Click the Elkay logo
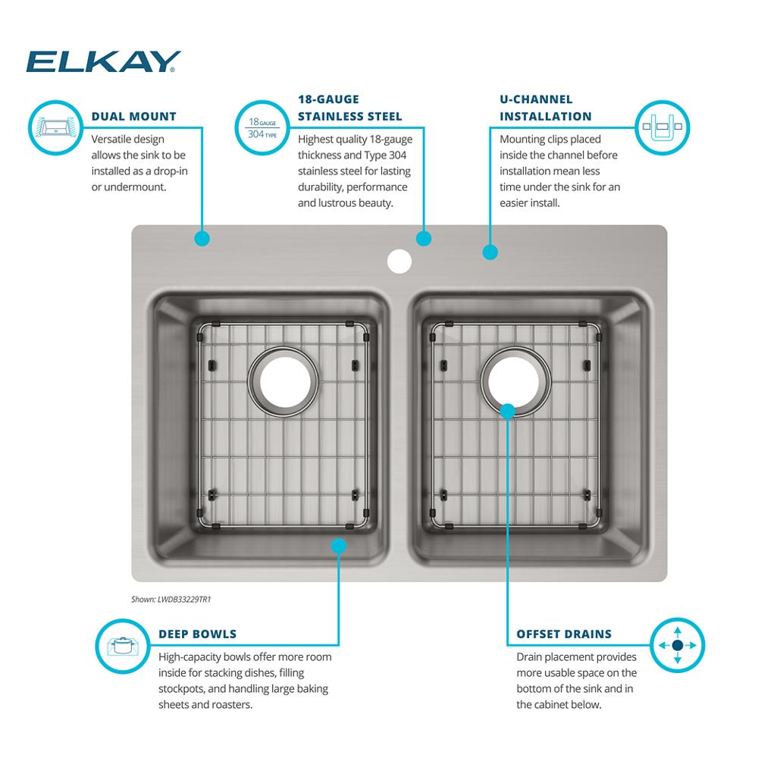(103, 61)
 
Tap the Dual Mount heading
(134, 117)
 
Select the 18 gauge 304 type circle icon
(262, 127)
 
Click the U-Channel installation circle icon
(662, 127)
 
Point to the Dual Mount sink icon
(56, 127)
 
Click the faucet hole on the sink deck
(399, 261)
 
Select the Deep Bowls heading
(197, 634)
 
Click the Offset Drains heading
(564, 634)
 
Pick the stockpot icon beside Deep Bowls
(123, 646)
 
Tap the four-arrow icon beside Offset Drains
(677, 645)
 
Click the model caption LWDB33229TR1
(171, 600)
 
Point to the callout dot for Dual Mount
(202, 238)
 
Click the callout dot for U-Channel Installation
(490, 252)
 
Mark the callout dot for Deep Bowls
(338, 546)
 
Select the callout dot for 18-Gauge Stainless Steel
(424, 238)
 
